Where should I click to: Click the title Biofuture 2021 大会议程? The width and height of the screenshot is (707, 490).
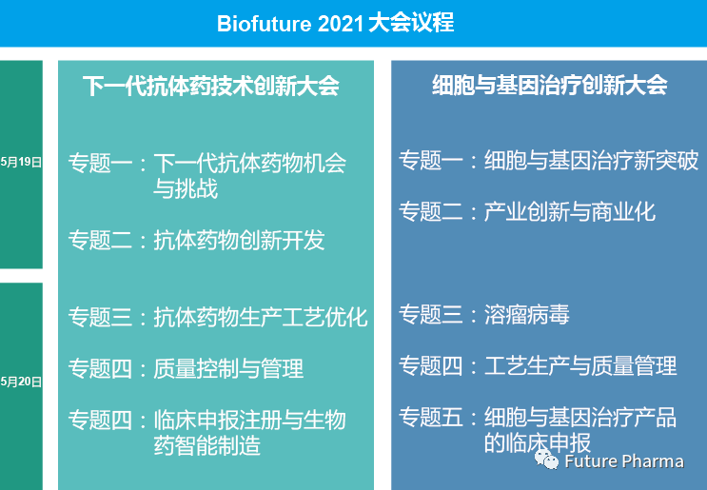tap(335, 23)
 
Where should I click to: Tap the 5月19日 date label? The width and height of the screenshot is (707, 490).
tap(21, 162)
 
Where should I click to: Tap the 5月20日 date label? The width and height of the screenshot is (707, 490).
tap(21, 382)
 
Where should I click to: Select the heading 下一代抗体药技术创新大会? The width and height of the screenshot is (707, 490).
tap(210, 86)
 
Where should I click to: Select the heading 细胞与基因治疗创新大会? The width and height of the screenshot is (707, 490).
tap(550, 85)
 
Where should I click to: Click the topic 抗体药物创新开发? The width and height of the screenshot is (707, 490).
tap(239, 241)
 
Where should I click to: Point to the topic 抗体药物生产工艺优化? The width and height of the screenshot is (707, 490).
tap(260, 317)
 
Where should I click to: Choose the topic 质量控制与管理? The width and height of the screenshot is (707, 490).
tap(228, 369)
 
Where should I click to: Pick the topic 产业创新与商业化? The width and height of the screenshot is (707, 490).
tap(569, 211)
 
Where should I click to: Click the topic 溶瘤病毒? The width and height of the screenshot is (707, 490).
tap(526, 314)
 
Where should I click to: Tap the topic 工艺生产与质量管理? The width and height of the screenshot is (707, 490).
tap(580, 365)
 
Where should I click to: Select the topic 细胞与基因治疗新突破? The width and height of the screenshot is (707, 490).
tap(591, 160)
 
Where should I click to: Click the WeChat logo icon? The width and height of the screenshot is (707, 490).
tap(546, 460)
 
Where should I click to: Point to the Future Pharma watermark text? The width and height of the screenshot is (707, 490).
tap(624, 461)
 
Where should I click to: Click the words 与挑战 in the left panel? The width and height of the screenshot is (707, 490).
tap(186, 188)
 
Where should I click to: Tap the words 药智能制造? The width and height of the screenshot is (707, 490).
tap(206, 446)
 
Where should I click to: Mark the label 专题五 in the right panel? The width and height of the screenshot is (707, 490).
tap(431, 417)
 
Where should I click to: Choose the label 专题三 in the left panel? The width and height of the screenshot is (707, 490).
tap(100, 317)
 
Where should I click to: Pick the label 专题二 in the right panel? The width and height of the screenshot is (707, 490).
tap(431, 211)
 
